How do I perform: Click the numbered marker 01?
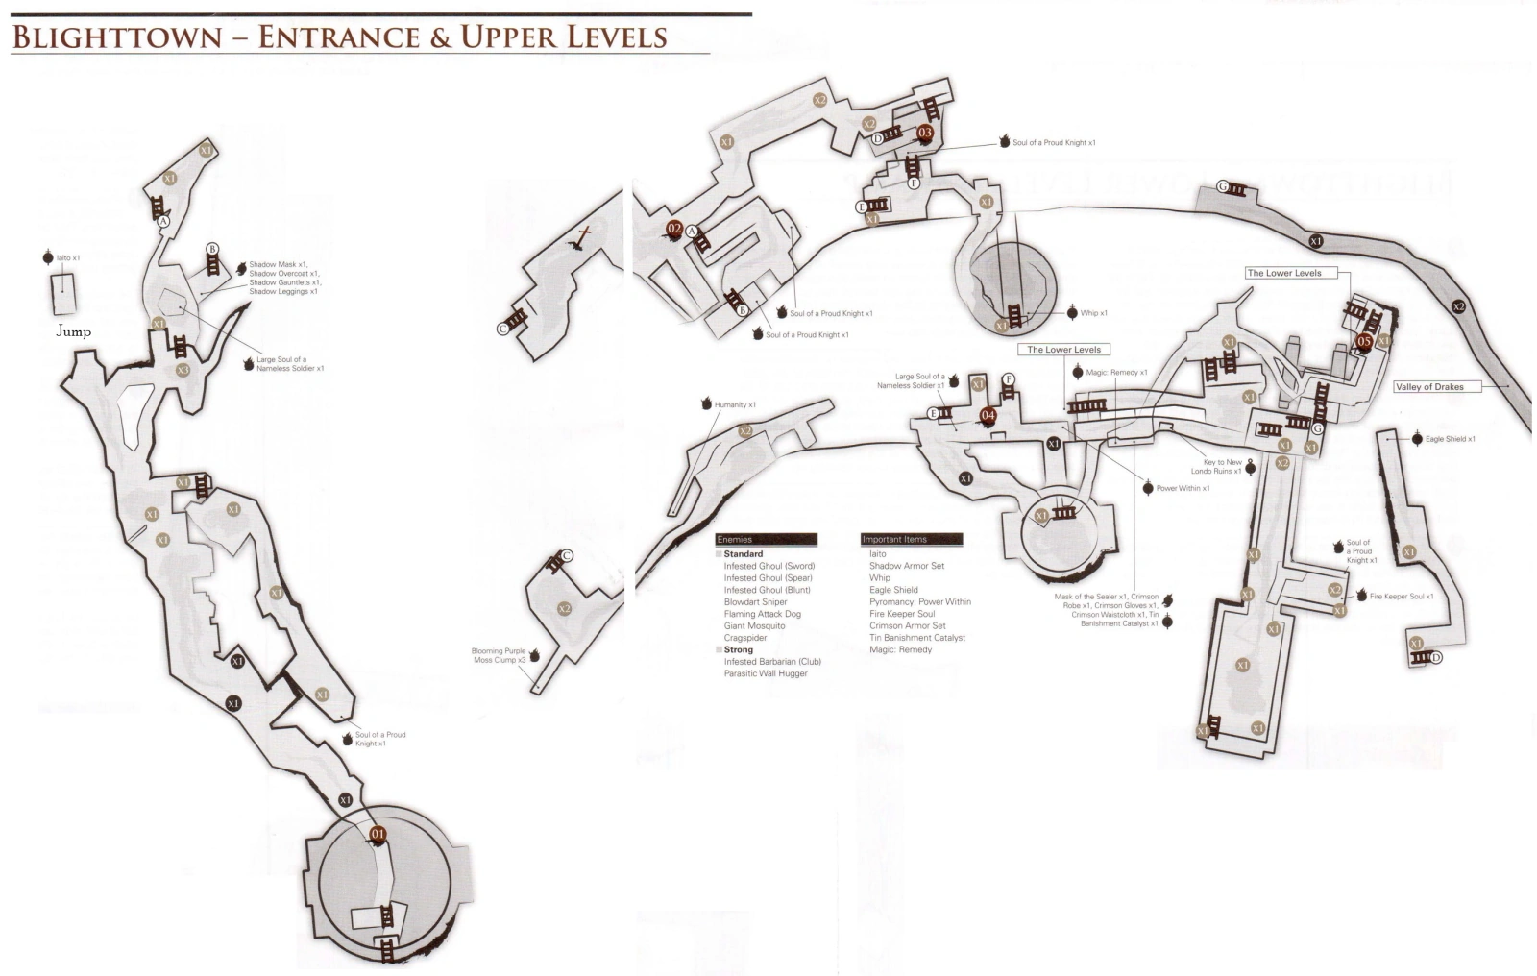click(378, 834)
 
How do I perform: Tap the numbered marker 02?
click(674, 229)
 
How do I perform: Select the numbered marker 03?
click(925, 133)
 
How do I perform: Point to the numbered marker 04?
click(988, 415)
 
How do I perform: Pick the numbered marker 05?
click(1364, 341)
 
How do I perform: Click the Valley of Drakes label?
click(1428, 387)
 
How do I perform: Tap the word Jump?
click(73, 331)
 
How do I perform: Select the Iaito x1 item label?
click(68, 258)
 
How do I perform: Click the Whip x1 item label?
click(1093, 313)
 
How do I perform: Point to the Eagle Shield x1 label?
click(1450, 439)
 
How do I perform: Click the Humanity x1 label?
click(735, 404)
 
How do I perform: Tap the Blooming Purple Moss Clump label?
click(499, 655)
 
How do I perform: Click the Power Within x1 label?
click(1183, 488)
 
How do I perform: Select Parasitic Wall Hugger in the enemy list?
click(766, 673)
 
